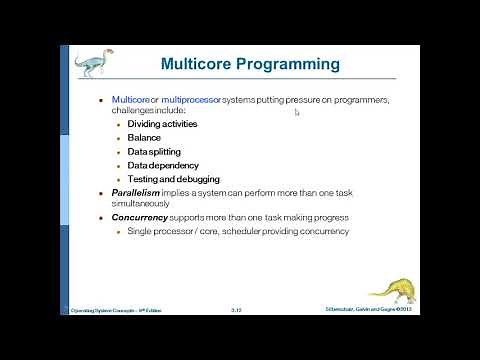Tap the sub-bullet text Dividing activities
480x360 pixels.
point(162,124)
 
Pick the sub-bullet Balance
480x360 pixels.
point(144,137)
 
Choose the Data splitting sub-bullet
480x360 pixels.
point(155,151)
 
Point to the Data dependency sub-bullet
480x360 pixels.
point(162,165)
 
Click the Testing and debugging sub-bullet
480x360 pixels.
point(173,179)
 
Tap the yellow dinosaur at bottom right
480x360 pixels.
point(393,287)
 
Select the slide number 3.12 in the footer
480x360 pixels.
point(237,311)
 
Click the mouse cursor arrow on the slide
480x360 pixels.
point(297,112)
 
